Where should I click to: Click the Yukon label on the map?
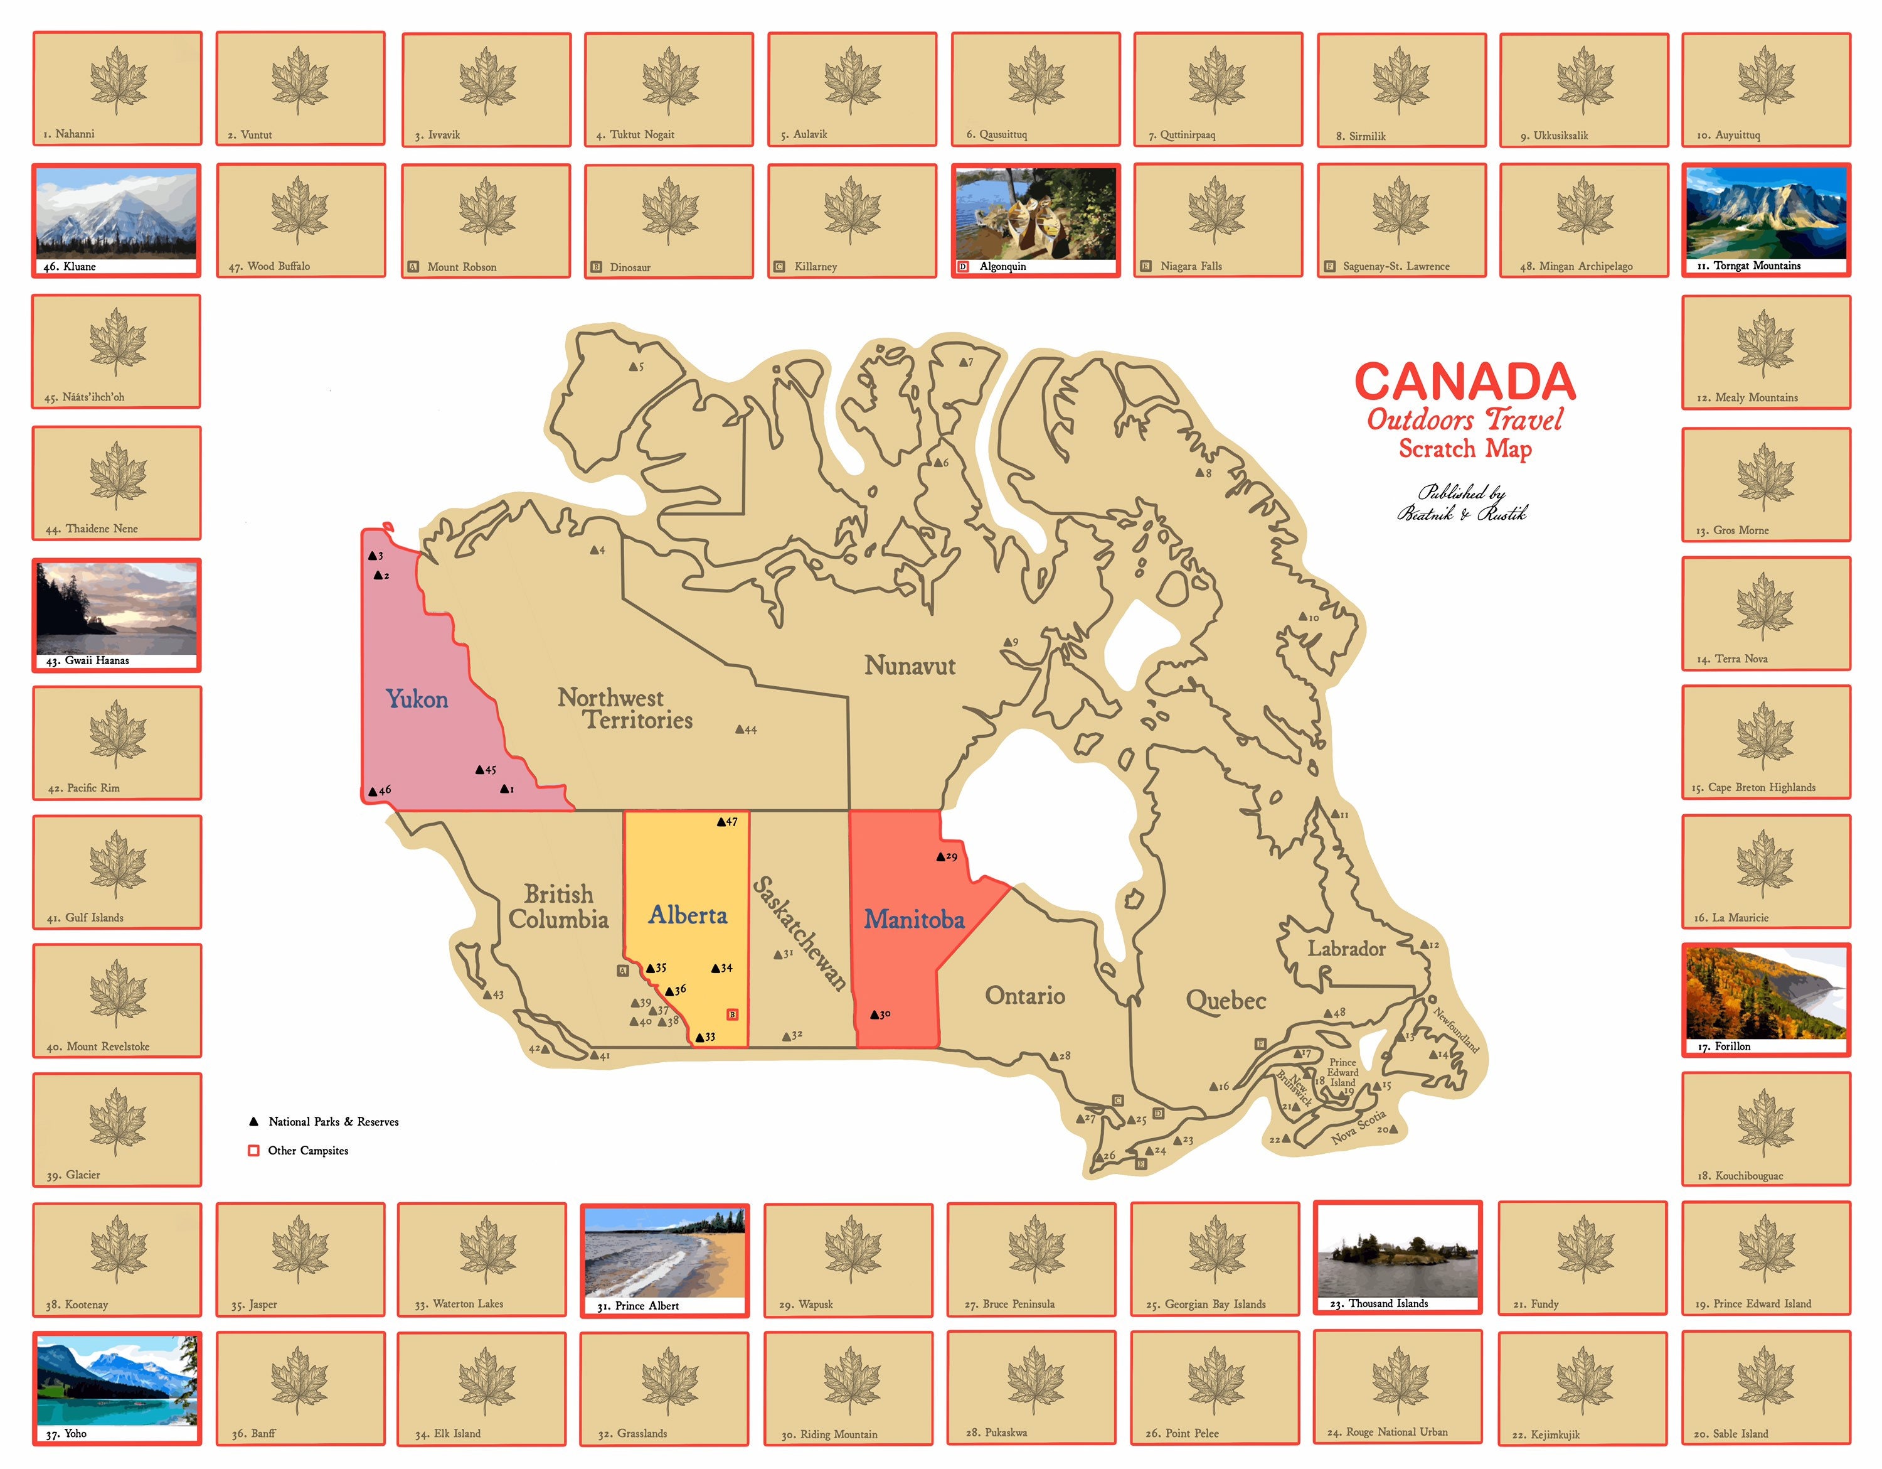[417, 699]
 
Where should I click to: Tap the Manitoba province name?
[914, 920]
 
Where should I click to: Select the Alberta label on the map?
[688, 915]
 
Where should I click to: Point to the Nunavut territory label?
[910, 665]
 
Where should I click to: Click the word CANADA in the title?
[1465, 382]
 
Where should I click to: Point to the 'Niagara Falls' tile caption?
[1191, 266]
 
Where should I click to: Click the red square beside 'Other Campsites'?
[253, 1151]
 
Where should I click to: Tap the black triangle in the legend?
[253, 1122]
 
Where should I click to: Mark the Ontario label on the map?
[1024, 996]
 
